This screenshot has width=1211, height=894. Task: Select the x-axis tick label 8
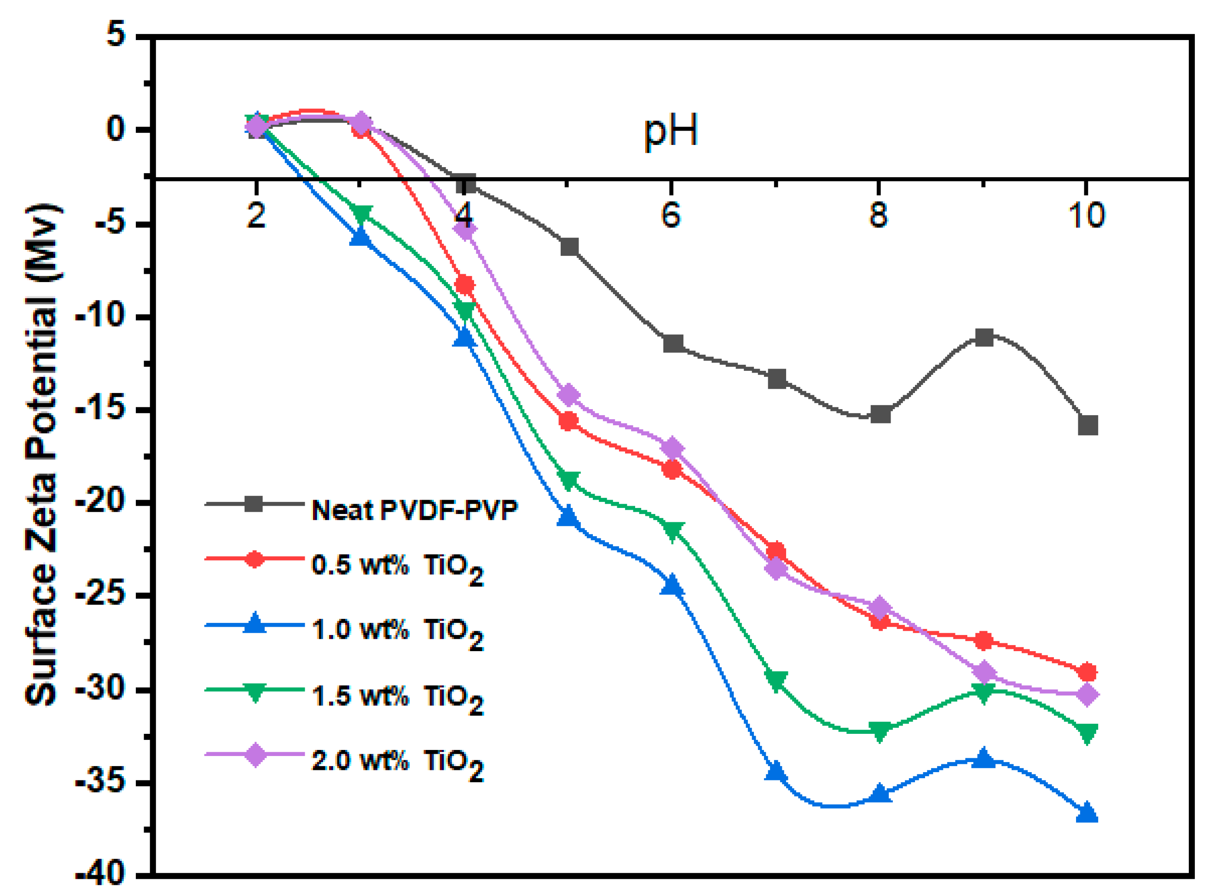pos(878,215)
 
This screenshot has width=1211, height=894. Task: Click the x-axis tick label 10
pos(1086,215)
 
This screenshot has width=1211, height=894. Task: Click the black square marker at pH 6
pos(673,343)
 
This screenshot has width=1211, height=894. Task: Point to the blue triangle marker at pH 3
pos(360,237)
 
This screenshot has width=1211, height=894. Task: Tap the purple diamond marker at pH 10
pos(1087,694)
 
